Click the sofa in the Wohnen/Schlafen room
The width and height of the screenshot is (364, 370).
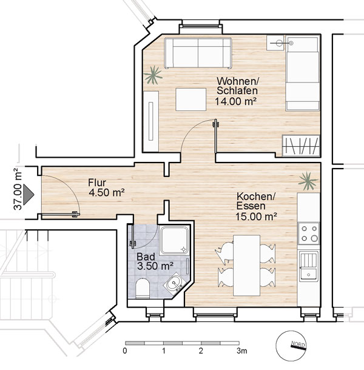198,53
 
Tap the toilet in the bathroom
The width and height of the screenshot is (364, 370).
143,288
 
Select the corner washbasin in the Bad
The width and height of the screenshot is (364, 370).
174,283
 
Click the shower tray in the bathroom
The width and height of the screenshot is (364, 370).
175,240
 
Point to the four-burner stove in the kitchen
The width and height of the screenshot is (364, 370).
309,233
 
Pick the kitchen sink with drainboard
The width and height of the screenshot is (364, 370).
308,266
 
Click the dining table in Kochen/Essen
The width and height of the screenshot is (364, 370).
246,265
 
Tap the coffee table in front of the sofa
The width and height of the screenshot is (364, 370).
190,99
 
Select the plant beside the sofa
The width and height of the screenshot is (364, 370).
153,75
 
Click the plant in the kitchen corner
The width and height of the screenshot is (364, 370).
308,181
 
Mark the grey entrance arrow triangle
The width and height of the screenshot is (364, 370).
29,194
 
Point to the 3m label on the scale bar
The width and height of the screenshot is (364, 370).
242,351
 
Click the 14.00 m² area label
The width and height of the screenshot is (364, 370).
235,101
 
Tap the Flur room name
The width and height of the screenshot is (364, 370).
97,183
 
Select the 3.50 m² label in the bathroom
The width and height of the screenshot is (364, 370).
155,266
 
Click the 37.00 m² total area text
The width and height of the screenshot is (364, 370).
18,188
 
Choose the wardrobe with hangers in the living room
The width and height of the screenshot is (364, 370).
301,146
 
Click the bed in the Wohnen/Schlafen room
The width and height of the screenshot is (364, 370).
302,73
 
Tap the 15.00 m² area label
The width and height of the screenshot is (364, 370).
256,217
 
